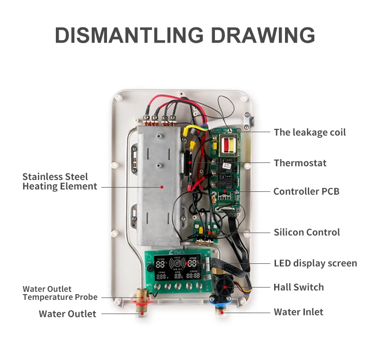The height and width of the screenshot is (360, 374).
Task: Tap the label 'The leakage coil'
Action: (x=310, y=132)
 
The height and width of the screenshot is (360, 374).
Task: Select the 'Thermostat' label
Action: (x=300, y=163)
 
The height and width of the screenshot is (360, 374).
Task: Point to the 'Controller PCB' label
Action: (x=306, y=192)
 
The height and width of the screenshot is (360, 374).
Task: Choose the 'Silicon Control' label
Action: (x=307, y=232)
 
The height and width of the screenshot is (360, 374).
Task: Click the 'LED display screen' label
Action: (x=315, y=263)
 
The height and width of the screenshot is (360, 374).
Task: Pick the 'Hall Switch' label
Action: (x=299, y=287)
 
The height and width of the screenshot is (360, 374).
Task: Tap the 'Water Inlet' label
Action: (x=299, y=312)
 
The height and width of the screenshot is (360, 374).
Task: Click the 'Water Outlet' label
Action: (x=67, y=314)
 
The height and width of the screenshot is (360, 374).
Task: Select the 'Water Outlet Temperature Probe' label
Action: (x=60, y=293)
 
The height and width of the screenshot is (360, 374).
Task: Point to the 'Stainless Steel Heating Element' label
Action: (x=60, y=181)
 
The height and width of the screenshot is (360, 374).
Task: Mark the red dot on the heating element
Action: (x=161, y=187)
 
